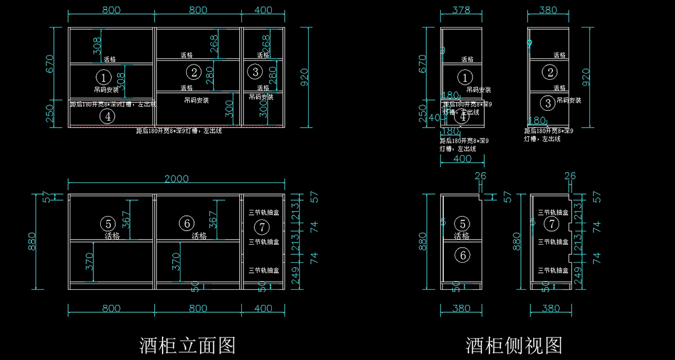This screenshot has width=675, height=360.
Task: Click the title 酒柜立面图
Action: [x=187, y=345]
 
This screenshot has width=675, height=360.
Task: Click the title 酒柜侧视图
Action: [x=514, y=345]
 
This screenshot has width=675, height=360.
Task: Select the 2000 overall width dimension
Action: [x=176, y=179]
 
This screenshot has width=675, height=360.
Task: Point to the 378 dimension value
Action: [x=461, y=10]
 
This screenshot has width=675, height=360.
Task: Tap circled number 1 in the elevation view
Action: [x=103, y=76]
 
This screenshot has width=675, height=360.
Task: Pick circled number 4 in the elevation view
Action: [x=107, y=116]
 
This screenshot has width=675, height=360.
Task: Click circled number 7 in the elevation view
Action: [x=262, y=227]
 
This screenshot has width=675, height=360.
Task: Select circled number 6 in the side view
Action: [x=462, y=255]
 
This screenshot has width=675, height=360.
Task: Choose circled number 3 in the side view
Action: [x=549, y=103]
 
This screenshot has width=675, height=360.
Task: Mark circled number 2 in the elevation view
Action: [x=193, y=72]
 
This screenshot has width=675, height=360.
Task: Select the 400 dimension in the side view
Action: [x=462, y=159]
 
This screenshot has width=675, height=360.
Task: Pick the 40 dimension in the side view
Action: [x=434, y=118]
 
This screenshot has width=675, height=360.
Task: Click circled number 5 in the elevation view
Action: [x=107, y=223]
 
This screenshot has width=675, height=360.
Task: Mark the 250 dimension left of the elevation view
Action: [x=49, y=112]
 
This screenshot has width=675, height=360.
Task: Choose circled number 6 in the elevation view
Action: [x=186, y=223]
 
